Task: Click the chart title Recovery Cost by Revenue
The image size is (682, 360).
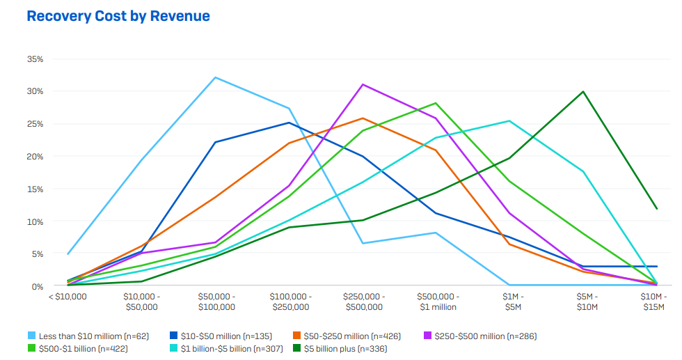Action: click(118, 16)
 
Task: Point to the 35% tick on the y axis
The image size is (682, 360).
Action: click(35, 59)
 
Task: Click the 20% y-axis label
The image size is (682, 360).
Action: click(35, 157)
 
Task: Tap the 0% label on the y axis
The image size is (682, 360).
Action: click(38, 286)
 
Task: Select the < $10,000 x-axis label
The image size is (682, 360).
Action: click(68, 297)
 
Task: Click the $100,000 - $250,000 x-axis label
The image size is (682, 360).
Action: click(290, 302)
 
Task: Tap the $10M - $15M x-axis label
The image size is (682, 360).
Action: click(656, 302)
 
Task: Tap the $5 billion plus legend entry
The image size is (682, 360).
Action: click(340, 348)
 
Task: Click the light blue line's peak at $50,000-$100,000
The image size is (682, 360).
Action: click(216, 77)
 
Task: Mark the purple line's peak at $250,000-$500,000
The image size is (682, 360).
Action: click(363, 84)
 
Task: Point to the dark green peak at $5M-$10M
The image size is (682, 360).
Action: click(582, 91)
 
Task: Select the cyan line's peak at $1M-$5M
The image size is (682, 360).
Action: click(509, 121)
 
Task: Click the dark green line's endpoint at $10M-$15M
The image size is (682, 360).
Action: click(656, 208)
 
